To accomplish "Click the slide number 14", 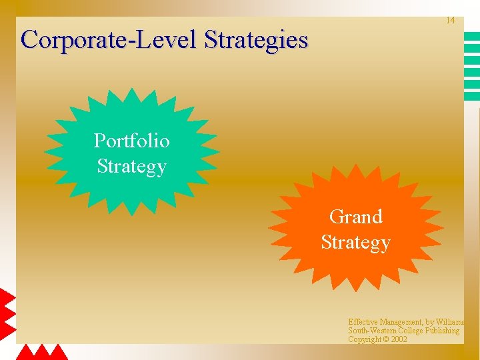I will click(x=450, y=21).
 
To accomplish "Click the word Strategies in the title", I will click(x=256, y=40).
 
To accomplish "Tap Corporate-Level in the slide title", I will click(x=109, y=40).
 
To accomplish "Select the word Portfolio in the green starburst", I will click(x=131, y=141).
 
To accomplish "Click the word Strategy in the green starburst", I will click(x=131, y=165).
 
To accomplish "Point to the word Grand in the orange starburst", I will click(x=355, y=217).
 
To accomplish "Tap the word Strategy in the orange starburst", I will click(x=355, y=242).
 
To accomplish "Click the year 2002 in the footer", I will click(x=399, y=339).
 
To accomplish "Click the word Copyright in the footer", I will click(x=364, y=339).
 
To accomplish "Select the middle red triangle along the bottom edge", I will click(x=42, y=353).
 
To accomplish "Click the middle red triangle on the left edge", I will click(x=7, y=314).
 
